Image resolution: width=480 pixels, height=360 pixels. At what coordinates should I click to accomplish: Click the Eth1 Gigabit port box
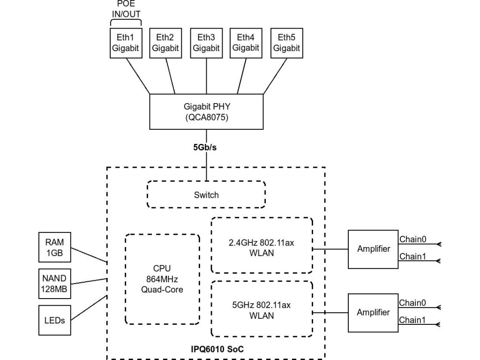point(126,43)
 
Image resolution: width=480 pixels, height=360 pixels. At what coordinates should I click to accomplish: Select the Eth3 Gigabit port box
point(206,43)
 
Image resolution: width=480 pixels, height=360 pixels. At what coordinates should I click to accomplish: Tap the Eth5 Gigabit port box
point(286,43)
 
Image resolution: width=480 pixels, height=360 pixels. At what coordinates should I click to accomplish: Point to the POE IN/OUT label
point(126,9)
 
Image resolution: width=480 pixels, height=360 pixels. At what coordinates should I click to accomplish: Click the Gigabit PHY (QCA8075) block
point(206,112)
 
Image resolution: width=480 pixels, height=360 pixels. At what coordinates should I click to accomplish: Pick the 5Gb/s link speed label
point(206,147)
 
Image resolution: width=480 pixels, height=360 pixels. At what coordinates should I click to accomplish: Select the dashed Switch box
point(206,195)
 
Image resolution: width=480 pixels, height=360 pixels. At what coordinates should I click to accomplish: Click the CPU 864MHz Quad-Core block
point(162,279)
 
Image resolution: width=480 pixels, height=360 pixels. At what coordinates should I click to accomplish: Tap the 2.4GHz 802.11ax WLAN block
point(262,245)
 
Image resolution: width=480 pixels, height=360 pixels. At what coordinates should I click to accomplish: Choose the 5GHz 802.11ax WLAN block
point(262,309)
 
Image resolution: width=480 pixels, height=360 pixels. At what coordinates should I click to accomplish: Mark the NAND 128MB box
point(54,284)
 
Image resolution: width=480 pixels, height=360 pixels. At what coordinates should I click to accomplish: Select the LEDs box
point(54,321)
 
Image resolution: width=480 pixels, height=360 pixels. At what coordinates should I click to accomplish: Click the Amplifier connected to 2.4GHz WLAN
point(373,249)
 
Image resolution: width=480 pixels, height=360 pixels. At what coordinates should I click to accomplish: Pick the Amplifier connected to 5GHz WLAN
point(373,312)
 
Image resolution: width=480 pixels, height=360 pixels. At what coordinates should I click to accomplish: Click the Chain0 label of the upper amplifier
point(412,240)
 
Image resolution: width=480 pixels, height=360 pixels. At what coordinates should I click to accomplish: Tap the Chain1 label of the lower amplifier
point(412,320)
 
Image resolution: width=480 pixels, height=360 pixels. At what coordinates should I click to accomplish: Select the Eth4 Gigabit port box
point(246,43)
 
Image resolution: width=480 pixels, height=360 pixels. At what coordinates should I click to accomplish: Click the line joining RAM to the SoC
point(89,255)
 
